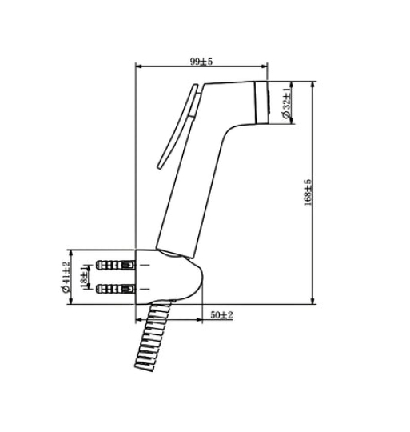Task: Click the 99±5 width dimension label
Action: pos(201,61)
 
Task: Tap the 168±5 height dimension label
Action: pos(308,192)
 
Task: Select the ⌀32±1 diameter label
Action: pos(286,103)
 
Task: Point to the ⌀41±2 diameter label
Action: pos(66,277)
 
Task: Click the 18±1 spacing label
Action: pos(84,278)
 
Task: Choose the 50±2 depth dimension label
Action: pos(222,315)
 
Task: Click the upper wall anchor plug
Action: pos(116,265)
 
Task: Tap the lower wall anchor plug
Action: pos(116,289)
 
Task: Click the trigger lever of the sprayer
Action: pos(178,126)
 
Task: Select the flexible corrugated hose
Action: pos(153,336)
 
